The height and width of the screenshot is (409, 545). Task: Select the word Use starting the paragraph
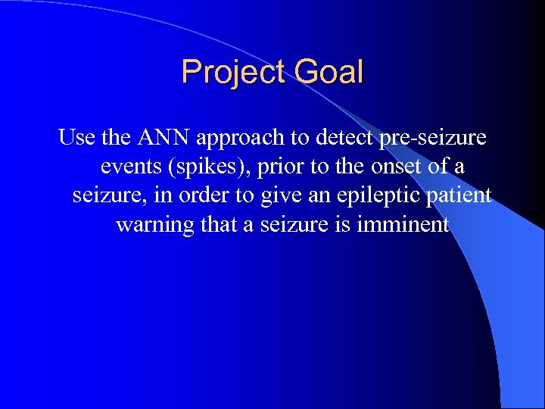point(76,138)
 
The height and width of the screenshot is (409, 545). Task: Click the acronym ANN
point(163,138)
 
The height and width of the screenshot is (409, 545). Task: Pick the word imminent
point(410,224)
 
